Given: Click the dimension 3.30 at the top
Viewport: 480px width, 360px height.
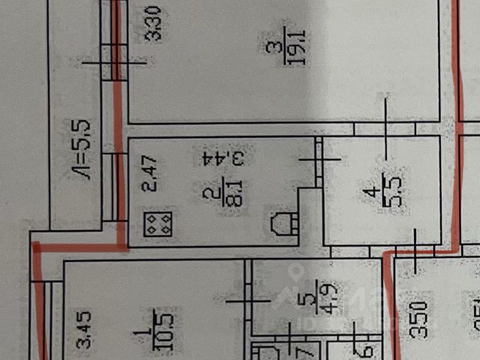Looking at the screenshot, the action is (154, 24).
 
